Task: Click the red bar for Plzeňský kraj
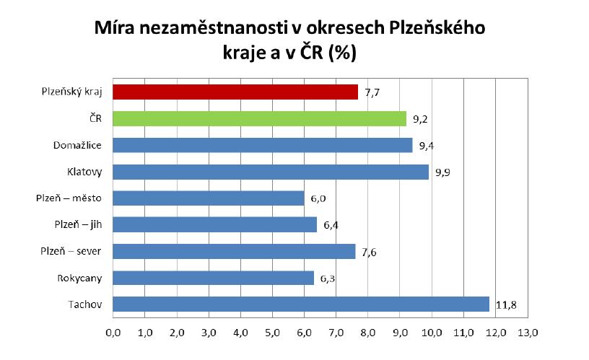click(x=235, y=92)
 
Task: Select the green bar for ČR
click(x=260, y=118)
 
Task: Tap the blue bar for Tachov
click(x=301, y=304)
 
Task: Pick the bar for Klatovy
click(x=271, y=172)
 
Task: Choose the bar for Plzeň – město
click(x=209, y=198)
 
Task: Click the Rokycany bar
click(x=213, y=278)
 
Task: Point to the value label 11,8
click(x=506, y=305)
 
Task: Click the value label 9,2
click(x=420, y=119)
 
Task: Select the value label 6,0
click(x=318, y=199)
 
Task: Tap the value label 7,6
click(x=369, y=253)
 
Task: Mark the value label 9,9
click(x=442, y=172)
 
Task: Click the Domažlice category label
click(x=77, y=145)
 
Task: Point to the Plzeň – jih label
click(x=78, y=225)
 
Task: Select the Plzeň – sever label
click(x=71, y=251)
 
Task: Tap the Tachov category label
click(x=85, y=304)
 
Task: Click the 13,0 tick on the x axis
click(x=528, y=333)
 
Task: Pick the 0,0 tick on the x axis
click(x=113, y=333)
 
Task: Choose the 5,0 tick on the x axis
click(x=272, y=333)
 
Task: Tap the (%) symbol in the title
click(x=342, y=52)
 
